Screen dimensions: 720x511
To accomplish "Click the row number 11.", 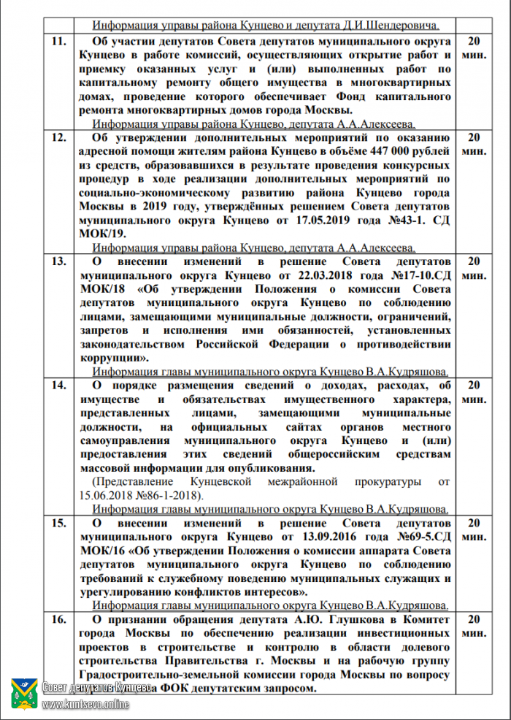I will pos(58,42).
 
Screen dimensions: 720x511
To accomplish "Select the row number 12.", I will pos(58,137).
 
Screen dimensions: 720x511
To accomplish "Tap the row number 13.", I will pos(58,261).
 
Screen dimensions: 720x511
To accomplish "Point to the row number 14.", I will pos(58,384).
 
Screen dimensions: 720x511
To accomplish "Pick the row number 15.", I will pos(58,523).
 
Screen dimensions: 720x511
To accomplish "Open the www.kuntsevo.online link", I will pos(86,705).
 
